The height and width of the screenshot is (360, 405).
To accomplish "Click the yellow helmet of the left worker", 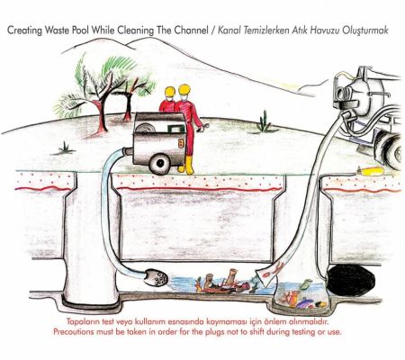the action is click(170, 91).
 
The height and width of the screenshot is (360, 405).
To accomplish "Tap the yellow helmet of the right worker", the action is click(184, 89).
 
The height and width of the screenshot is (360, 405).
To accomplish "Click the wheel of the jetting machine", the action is click(160, 164).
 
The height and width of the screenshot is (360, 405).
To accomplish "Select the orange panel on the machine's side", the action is click(181, 143).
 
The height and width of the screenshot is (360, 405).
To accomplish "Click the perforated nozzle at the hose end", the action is click(156, 277).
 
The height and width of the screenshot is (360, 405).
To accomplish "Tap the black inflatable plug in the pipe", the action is click(350, 281).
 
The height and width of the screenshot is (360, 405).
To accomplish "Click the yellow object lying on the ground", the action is click(371, 171).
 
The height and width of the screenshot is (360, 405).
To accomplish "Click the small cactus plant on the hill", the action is click(264, 121).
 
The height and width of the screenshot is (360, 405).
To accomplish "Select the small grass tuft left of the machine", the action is click(65, 148).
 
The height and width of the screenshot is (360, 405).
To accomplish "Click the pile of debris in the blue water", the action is click(223, 283).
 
